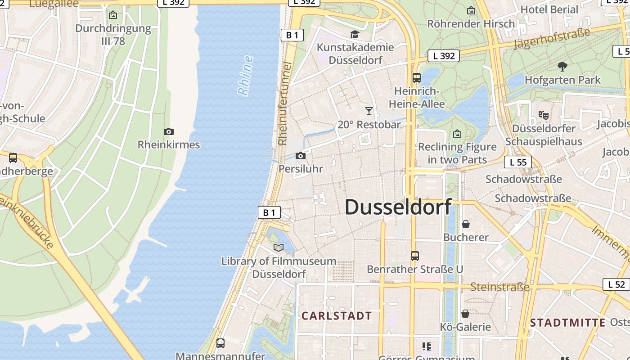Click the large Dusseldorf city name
[x=398, y=207]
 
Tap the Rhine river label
[x=245, y=76]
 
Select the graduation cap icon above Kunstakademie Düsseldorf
[x=355, y=35]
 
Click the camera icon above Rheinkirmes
[x=169, y=131]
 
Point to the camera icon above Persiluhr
[x=301, y=156]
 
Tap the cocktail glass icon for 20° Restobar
[x=369, y=111]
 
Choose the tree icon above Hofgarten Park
[x=562, y=67]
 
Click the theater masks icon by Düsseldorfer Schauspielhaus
[x=544, y=115]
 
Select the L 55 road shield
[x=518, y=162]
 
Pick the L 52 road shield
[x=616, y=284]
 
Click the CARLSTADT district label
[x=337, y=316]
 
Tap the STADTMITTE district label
[x=567, y=323]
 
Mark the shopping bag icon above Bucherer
[x=466, y=224]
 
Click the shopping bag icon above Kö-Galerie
[x=465, y=313]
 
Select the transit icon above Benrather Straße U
[x=415, y=256]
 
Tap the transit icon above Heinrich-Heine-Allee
[x=417, y=77]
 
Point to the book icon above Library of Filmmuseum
[x=279, y=247]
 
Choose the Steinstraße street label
[x=499, y=287]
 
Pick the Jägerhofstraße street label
[x=552, y=39]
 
